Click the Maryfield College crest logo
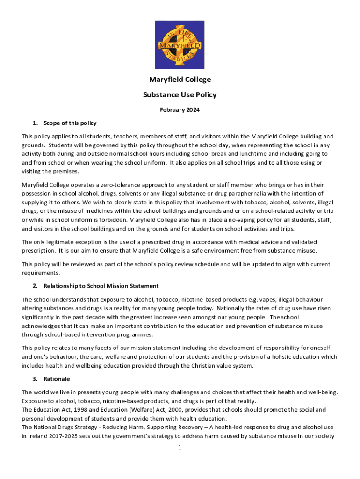click(180, 45)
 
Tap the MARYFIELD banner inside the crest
click(180, 45)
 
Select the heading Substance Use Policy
click(180, 95)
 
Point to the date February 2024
click(180, 110)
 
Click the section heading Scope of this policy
click(70, 123)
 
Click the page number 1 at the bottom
click(180, 447)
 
